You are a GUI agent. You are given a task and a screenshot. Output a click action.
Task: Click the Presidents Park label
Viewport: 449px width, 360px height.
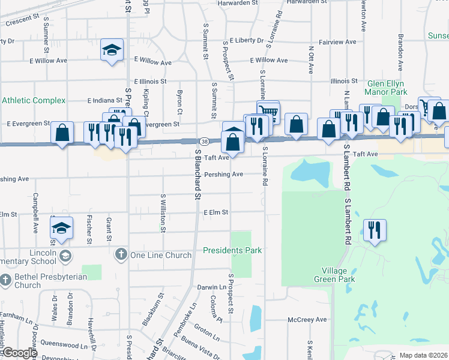coord(232,250)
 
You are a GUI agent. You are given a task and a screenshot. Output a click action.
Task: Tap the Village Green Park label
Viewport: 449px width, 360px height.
coord(334,275)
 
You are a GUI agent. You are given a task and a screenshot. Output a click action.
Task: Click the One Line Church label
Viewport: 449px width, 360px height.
coord(161,255)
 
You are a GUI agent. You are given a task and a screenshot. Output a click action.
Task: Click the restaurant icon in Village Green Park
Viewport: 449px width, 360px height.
coord(375,230)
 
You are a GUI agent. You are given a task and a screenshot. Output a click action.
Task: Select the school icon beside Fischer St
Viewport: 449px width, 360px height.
coord(61,228)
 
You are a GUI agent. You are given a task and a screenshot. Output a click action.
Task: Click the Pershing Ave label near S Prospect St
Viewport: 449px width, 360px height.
coord(223,175)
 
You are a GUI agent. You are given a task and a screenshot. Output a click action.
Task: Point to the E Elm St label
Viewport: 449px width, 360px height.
coord(215,212)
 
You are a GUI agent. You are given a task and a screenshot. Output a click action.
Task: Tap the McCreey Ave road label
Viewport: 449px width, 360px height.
coord(307,320)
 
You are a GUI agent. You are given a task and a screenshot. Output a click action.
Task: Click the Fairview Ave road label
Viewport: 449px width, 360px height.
coord(338,42)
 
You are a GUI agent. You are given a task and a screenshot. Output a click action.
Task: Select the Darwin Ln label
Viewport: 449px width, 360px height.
coord(212,287)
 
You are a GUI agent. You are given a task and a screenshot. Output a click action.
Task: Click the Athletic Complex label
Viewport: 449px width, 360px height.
coord(33,100)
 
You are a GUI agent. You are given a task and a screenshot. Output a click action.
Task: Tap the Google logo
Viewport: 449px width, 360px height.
coord(19,353)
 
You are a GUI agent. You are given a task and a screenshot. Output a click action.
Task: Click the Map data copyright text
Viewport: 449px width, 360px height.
coord(423,355)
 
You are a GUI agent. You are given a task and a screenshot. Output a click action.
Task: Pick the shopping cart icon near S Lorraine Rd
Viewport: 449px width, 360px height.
coord(268,111)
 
